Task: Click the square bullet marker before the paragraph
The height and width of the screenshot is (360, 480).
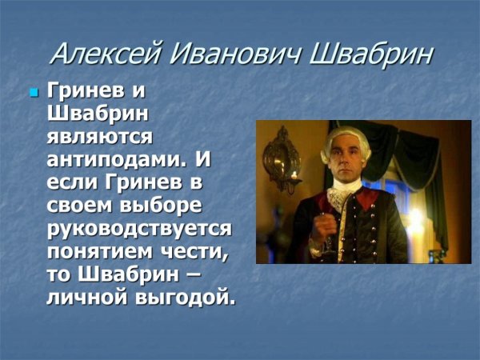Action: (34, 94)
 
